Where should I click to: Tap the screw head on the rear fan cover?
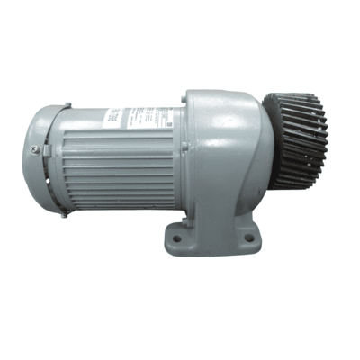[35, 149]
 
